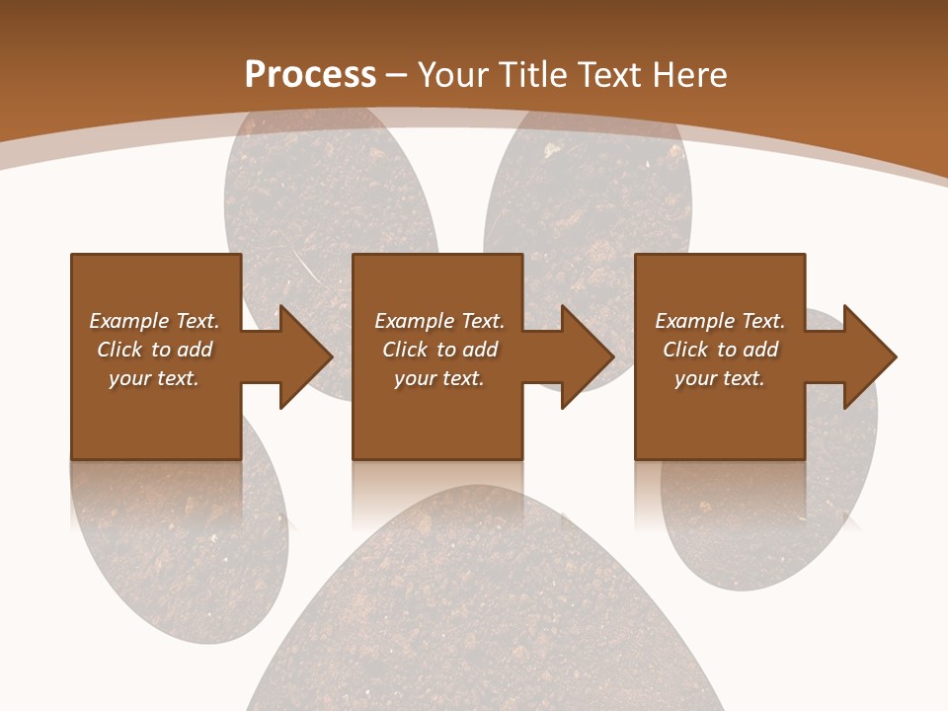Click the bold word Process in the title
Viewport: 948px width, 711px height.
pos(310,75)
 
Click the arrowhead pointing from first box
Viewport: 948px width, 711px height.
pos(301,356)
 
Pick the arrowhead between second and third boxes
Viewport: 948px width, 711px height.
pos(584,356)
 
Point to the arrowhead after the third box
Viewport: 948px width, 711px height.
pos(866,356)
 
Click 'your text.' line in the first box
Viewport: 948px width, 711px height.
pos(154,378)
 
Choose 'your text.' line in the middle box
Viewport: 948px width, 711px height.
pos(438,378)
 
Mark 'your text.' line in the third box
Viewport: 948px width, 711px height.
pos(720,378)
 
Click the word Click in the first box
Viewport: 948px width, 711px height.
pos(119,350)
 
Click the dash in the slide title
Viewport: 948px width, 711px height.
pos(397,75)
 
